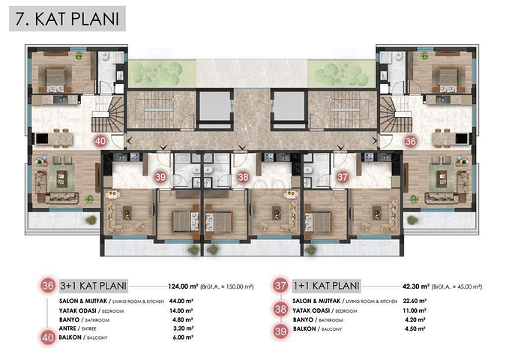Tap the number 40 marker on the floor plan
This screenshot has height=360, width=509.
tap(100, 140)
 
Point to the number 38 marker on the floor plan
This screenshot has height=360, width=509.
tap(243, 177)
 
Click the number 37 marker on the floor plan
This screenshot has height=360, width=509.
tap(342, 177)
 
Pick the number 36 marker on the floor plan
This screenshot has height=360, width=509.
tap(410, 140)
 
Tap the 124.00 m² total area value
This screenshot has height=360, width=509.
tap(185, 286)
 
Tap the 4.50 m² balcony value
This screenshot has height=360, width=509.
tap(413, 328)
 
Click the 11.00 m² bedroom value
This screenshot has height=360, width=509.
tap(414, 309)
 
